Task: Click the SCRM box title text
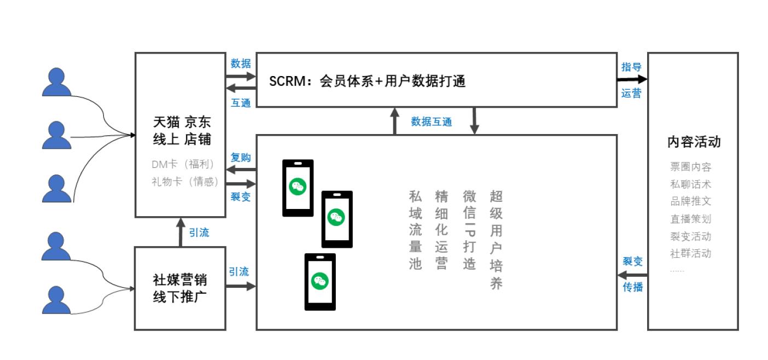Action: tap(367, 82)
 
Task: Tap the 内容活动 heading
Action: tap(694, 142)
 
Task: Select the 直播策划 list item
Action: tap(690, 219)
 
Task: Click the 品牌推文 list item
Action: tap(690, 201)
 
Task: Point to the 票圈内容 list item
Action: tap(690, 167)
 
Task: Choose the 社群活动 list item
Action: tap(690, 253)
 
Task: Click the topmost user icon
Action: tap(57, 82)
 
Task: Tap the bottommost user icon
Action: tap(57, 300)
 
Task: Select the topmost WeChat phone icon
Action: tap(298, 188)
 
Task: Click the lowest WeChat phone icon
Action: tap(320, 282)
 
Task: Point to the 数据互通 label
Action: tap(432, 122)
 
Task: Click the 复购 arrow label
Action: tap(241, 158)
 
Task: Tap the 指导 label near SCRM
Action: tap(631, 67)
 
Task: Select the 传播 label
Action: tap(633, 287)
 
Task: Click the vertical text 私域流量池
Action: tap(416, 230)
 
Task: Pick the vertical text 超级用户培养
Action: tap(496, 240)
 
